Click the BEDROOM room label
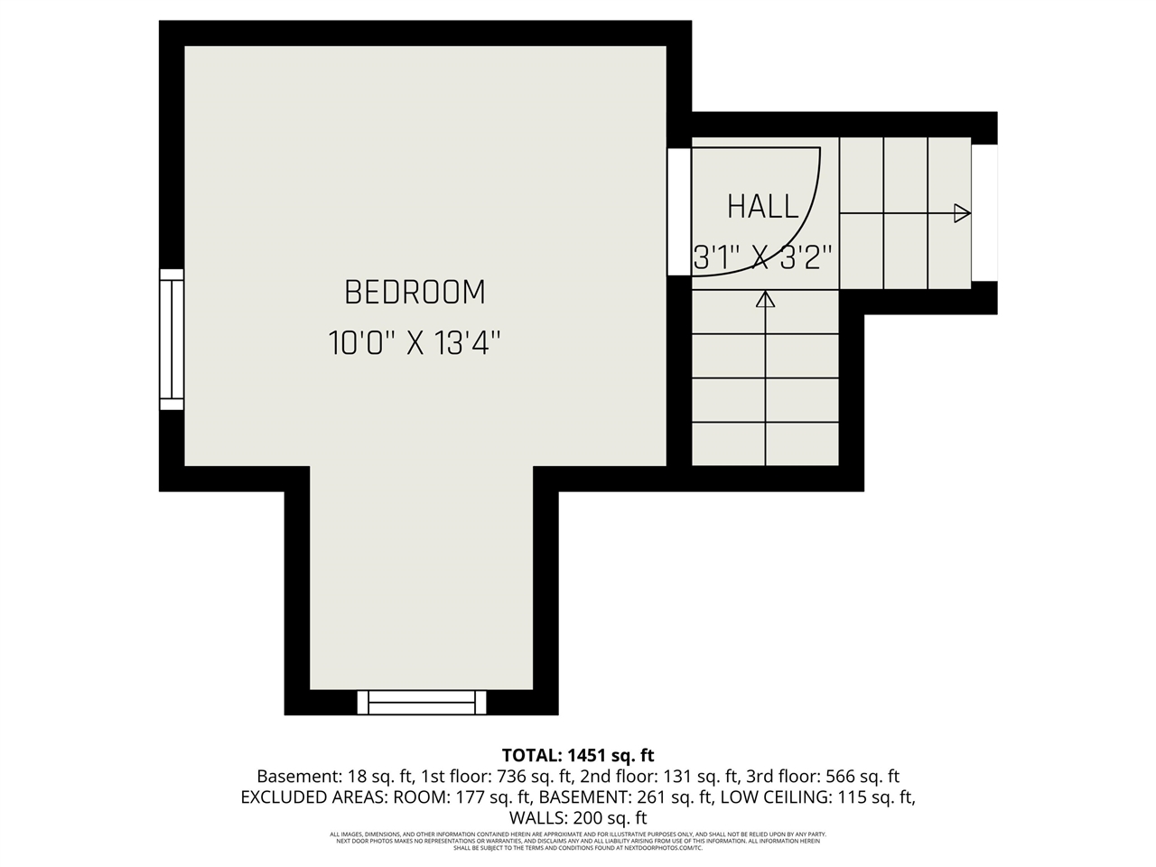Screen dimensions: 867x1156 coord(415,293)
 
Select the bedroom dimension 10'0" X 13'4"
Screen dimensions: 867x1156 coord(415,343)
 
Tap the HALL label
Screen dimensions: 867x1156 coord(763,207)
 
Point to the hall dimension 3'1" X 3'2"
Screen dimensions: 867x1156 coord(762,258)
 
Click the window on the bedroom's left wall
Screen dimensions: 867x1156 coord(172,339)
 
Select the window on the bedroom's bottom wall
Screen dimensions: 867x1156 coord(422,702)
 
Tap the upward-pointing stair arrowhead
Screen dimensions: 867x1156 coord(766,300)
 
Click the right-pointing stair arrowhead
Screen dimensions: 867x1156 coord(962,214)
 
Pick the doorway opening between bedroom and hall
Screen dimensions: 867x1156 coord(678,211)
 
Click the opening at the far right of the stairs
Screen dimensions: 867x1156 coord(984,213)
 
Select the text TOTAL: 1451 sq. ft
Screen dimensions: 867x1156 coord(578,755)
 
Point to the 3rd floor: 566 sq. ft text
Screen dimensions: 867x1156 coord(823,777)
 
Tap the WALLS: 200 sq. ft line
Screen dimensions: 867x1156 coord(578,818)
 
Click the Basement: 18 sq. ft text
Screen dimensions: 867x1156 coord(335,777)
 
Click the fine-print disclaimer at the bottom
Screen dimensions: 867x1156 coord(578,841)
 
